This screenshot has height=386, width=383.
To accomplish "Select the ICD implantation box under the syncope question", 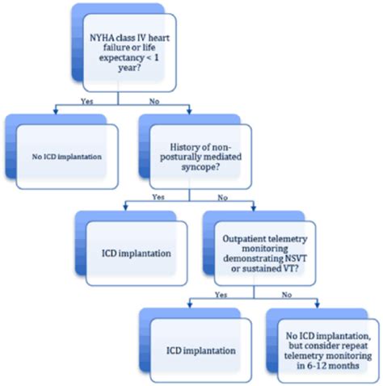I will click(x=133, y=253).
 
